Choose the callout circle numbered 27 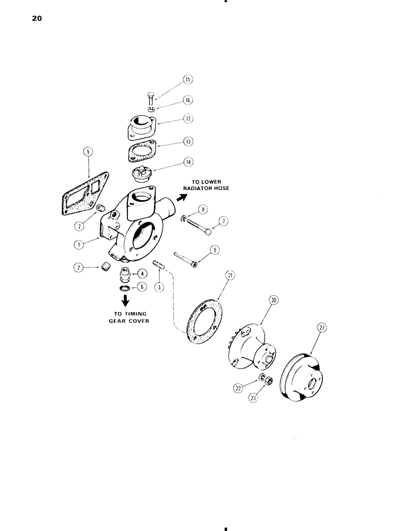(x=322, y=329)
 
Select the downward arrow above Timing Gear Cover (x=126, y=300)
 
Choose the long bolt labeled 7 (x=197, y=225)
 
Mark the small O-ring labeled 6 (x=126, y=287)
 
